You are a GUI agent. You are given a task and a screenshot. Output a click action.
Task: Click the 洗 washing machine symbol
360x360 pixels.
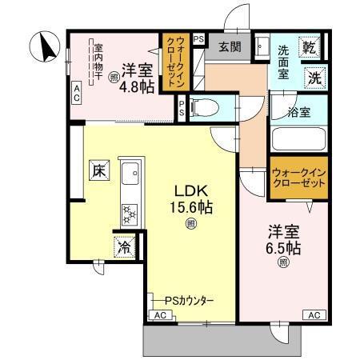[x=315, y=78]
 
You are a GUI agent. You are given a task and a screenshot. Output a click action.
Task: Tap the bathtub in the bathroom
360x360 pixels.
[x=299, y=138]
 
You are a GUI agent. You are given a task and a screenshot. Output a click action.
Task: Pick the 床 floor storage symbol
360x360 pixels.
[x=98, y=170]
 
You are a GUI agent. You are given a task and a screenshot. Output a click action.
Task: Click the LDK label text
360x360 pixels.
[x=192, y=191]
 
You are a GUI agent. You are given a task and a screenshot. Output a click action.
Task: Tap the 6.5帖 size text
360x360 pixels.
[x=283, y=248]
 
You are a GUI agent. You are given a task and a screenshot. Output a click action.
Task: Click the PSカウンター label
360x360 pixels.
[x=190, y=300]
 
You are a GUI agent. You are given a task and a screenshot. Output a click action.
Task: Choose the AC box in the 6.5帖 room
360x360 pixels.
[x=314, y=314]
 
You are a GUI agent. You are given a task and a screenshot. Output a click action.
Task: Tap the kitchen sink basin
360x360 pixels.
[x=130, y=173]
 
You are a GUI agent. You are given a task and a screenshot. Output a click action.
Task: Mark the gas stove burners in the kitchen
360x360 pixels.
[x=128, y=213]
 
